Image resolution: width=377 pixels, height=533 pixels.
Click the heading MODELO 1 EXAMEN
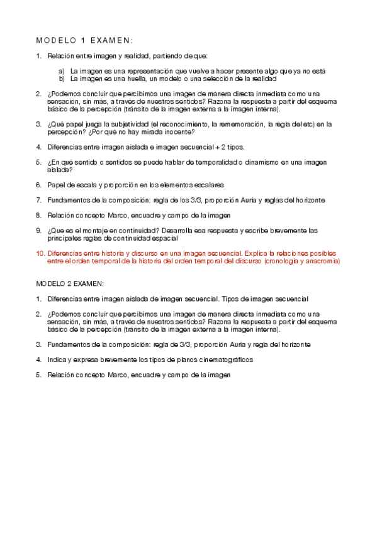[84, 40]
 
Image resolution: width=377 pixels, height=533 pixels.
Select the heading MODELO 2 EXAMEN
[70, 283]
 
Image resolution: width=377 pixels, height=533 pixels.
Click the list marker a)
[62, 71]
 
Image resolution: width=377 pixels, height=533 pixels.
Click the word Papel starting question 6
[57, 185]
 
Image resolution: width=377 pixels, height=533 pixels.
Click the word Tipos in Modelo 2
[231, 299]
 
